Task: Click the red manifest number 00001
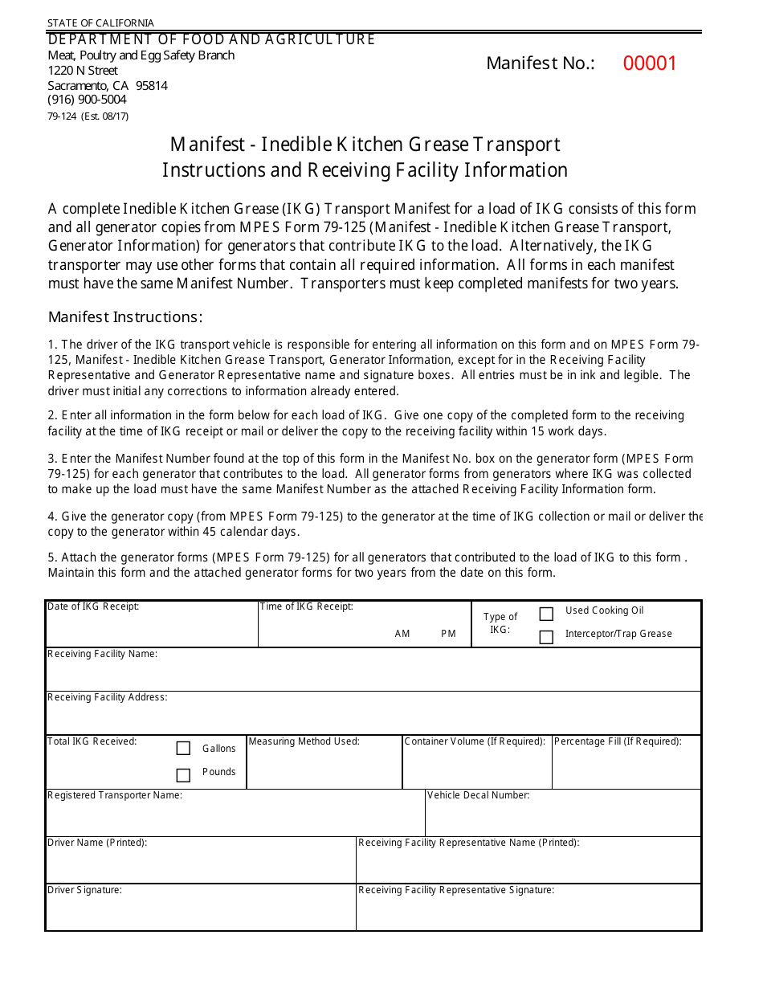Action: [650, 63]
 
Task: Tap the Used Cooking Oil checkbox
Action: [546, 614]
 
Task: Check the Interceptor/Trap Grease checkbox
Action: [546, 637]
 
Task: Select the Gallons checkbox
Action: [183, 748]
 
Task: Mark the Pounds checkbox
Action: [183, 775]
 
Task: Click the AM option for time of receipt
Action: [402, 634]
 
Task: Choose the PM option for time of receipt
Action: [448, 634]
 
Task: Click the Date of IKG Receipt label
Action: [93, 606]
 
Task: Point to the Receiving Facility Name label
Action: [102, 654]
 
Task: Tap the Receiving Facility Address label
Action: [107, 697]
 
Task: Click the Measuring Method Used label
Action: [304, 741]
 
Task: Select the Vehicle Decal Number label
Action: [478, 795]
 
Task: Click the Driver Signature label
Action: [84, 890]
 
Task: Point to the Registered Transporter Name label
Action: [115, 795]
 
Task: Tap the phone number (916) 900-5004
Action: [87, 100]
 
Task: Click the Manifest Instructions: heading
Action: [125, 316]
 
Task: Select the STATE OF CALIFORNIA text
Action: [100, 23]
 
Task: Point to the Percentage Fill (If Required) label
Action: [618, 741]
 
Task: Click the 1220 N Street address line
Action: [83, 71]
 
